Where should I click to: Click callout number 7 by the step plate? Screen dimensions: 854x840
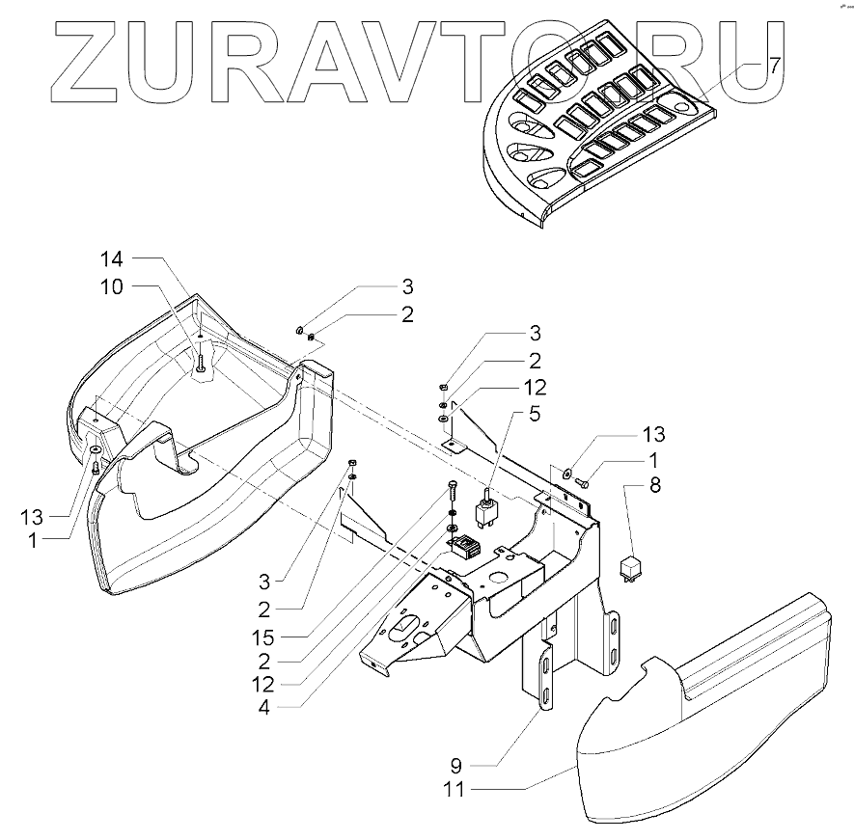(773, 67)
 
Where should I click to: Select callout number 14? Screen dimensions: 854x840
(113, 258)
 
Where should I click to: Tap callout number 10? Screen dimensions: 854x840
(113, 286)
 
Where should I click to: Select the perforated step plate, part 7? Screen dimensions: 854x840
(598, 125)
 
